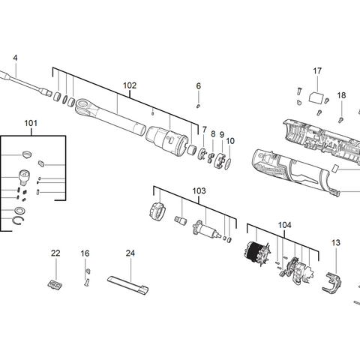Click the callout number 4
tap(15, 58)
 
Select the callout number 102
tap(130, 85)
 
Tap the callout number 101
tap(30, 122)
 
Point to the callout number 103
tap(198, 191)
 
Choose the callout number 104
tap(284, 224)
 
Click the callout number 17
tap(317, 71)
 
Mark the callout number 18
tap(341, 95)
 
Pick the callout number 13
tap(335, 242)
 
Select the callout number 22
tap(55, 253)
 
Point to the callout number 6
tap(199, 86)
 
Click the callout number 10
tap(229, 140)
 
